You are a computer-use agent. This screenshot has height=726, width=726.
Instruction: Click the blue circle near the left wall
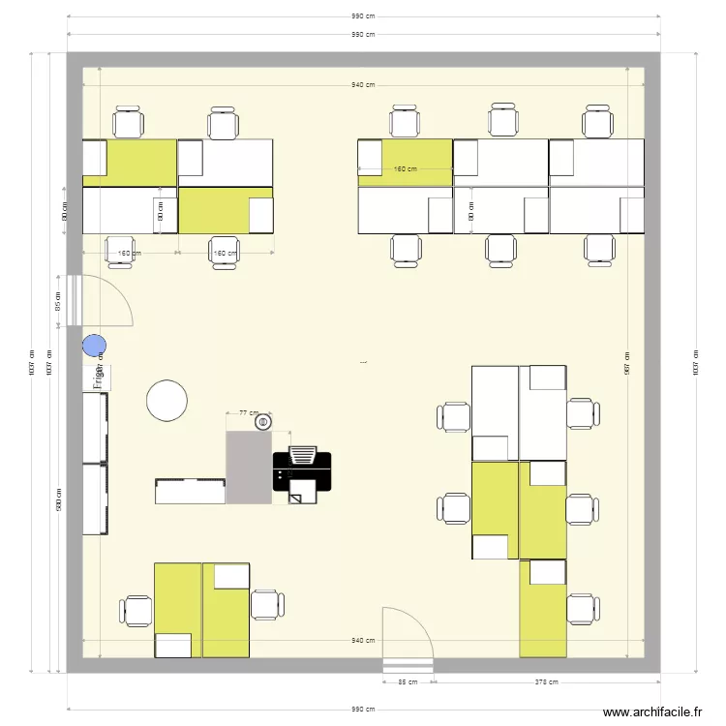click(x=94, y=345)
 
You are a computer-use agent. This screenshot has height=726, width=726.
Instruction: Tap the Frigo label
click(x=98, y=378)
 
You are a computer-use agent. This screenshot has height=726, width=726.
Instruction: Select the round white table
click(x=166, y=401)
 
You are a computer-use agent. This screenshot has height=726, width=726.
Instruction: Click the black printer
click(x=302, y=471)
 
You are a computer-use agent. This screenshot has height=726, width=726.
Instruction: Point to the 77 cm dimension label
click(x=250, y=412)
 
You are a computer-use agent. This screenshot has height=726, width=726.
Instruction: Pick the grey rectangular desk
click(x=249, y=468)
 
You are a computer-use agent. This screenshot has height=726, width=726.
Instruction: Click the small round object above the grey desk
click(x=263, y=422)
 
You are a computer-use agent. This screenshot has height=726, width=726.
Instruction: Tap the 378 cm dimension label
click(x=546, y=681)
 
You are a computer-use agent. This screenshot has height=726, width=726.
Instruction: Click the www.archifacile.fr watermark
click(x=652, y=712)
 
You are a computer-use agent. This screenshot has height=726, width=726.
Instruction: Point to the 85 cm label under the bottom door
click(x=408, y=681)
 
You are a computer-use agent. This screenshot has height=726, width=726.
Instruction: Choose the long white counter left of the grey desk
click(x=191, y=491)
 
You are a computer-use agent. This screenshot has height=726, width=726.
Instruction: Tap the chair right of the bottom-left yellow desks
click(x=266, y=604)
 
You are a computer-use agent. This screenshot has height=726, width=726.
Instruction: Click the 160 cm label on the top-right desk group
click(x=405, y=169)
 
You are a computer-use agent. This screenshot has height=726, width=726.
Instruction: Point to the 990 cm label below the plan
click(x=363, y=710)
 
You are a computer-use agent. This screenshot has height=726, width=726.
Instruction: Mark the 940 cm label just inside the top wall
click(x=363, y=85)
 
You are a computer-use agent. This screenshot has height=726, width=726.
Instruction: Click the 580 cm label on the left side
click(x=60, y=499)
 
